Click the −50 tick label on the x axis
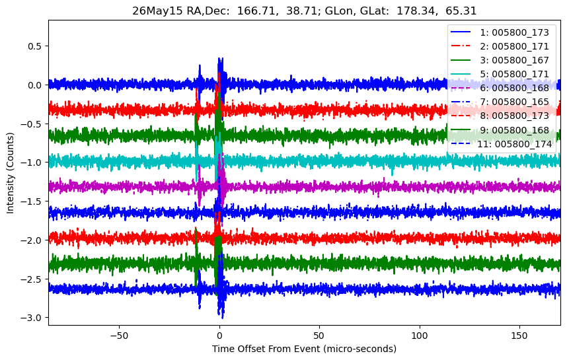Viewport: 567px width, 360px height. pos(120,336)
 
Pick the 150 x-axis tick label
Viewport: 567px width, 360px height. pos(519,336)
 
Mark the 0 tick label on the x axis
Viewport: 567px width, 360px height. pos(219,336)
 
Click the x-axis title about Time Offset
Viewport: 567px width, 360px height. pos(304,349)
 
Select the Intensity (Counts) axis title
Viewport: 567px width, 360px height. pos(10,173)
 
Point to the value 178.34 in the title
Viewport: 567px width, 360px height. pos(411,11)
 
